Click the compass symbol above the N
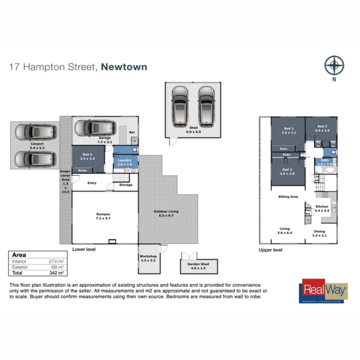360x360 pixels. point(334,65)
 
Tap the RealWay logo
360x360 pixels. point(324,290)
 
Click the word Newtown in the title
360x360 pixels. point(124,67)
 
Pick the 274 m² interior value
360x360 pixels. point(56,262)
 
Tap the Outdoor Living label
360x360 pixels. point(166,214)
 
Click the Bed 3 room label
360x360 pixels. point(322,128)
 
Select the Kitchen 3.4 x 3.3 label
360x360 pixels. point(322,209)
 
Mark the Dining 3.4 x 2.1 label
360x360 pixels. point(319,234)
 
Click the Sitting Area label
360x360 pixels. point(288,197)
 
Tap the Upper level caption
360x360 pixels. point(270,250)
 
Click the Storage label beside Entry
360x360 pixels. point(126,185)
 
